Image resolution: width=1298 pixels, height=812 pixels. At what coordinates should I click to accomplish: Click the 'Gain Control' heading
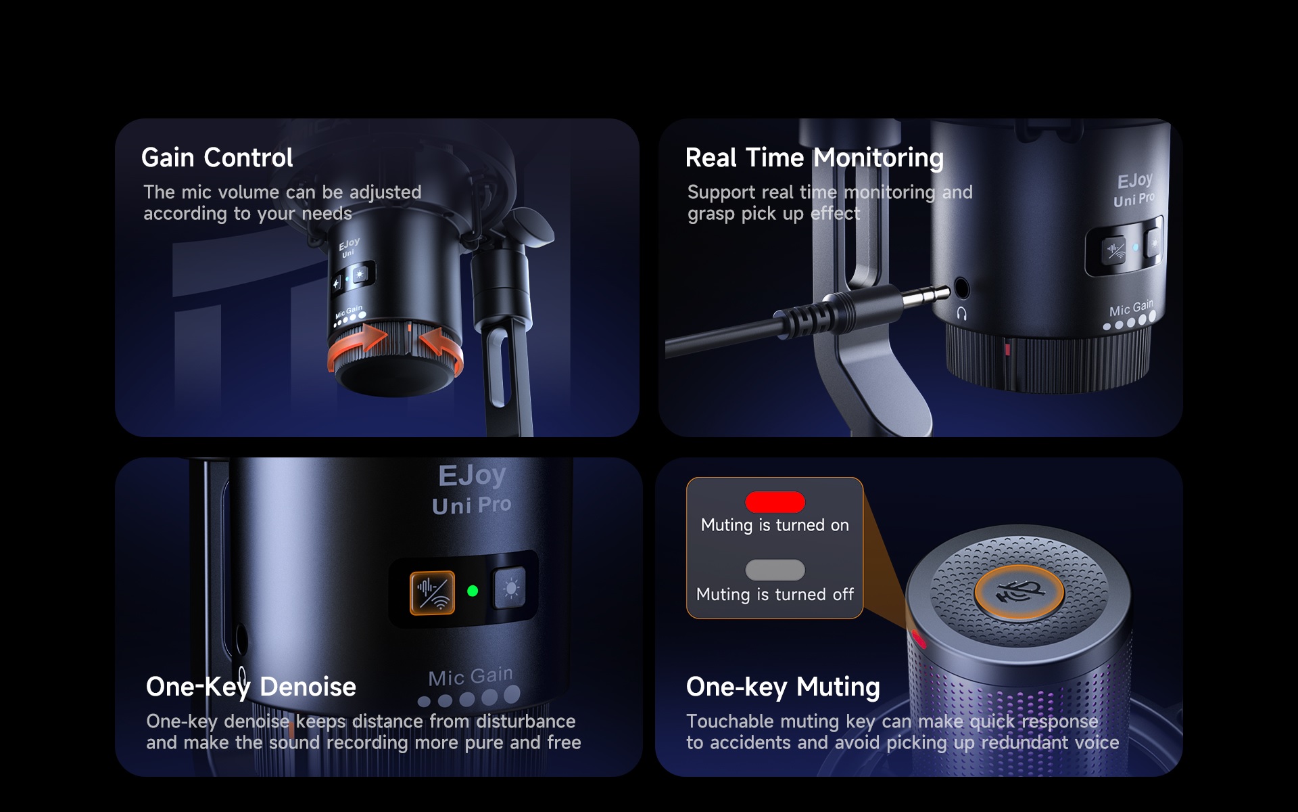pos(217,158)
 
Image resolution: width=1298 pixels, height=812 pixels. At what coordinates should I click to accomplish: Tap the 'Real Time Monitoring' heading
pos(814,158)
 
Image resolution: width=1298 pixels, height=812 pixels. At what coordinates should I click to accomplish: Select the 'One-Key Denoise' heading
pos(251,687)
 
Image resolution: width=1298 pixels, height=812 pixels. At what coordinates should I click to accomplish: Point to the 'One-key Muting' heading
pos(783,687)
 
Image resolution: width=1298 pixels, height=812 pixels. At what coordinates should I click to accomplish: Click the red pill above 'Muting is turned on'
pos(775,502)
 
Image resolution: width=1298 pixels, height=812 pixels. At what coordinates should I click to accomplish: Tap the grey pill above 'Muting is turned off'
pos(775,570)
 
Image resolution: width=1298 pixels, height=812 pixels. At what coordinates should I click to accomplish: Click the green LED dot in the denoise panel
pos(473,591)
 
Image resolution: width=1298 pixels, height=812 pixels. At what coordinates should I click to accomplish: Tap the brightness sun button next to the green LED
pos(510,588)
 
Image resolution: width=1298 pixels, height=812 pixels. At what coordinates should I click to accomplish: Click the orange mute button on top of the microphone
pos(1019,592)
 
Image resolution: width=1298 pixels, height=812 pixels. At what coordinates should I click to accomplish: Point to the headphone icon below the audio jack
pos(962,313)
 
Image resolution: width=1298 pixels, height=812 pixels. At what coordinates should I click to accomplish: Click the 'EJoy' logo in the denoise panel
pos(472,475)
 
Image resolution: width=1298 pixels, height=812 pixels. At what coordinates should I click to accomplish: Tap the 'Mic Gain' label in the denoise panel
pos(471,677)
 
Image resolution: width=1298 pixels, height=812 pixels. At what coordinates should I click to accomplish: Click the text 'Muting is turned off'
pos(775,595)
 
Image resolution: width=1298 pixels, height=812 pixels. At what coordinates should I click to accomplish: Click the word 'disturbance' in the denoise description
pos(526,721)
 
